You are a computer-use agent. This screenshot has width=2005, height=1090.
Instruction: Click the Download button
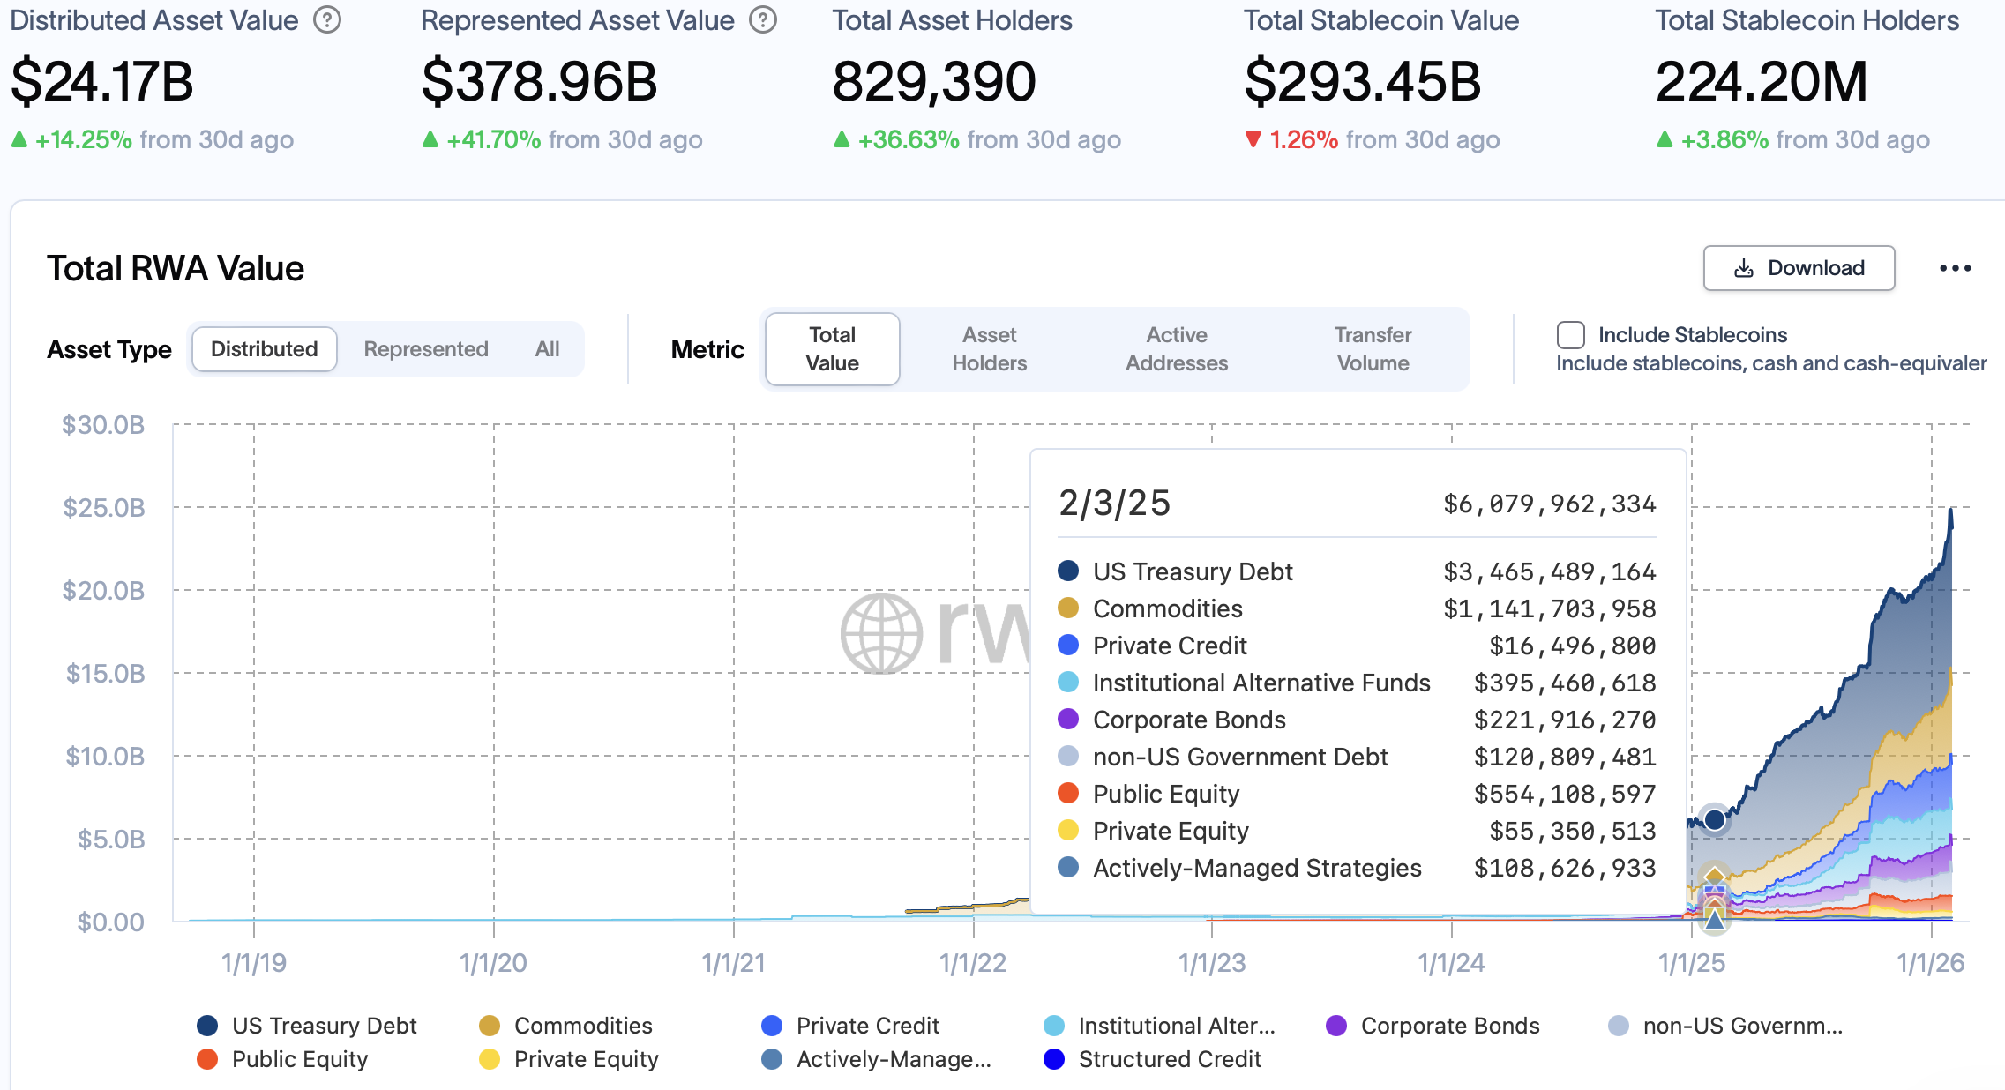coord(1799,268)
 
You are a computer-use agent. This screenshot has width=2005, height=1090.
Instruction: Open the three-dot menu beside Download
coord(1955,268)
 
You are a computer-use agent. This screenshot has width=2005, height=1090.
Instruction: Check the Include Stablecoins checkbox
coord(1571,335)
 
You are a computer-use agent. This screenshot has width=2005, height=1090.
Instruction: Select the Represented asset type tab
coord(426,349)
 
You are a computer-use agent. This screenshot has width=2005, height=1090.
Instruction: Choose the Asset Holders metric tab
coord(989,349)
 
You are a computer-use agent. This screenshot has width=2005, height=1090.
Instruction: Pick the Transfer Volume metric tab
coord(1373,349)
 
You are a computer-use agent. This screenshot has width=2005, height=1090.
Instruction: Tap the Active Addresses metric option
coord(1177,349)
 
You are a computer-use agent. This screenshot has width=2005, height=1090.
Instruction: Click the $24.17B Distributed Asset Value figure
coord(102,81)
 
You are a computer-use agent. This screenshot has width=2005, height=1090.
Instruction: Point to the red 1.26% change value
coord(1303,139)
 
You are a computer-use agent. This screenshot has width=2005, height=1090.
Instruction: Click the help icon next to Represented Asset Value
coord(763,19)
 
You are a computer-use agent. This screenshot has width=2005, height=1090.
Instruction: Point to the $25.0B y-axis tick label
coord(104,508)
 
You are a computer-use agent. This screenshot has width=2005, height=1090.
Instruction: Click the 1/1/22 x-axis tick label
coord(972,963)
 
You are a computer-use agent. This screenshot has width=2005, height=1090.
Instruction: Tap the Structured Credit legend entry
coord(1169,1059)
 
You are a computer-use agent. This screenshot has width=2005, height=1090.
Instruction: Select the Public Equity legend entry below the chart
coord(299,1059)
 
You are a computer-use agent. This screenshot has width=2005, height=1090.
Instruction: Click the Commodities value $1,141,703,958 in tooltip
coord(1549,608)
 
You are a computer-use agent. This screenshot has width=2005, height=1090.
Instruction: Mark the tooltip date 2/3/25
coord(1114,504)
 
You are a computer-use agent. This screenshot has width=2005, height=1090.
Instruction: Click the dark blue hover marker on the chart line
coord(1715,819)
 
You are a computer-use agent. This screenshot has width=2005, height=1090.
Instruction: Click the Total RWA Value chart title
coord(176,268)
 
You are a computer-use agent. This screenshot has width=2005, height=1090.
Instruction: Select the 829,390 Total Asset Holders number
coord(933,81)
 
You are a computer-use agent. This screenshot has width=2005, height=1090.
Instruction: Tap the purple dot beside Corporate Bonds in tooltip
coord(1068,720)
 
